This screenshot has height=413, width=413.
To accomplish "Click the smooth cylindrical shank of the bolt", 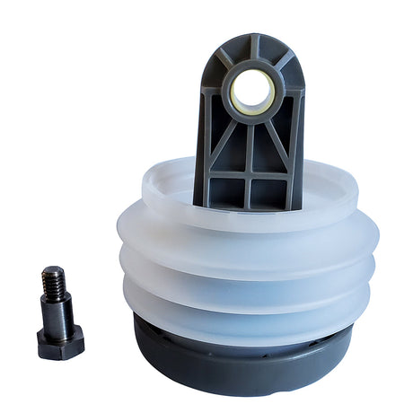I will pos(57,309).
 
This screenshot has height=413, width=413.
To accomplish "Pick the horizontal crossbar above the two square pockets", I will pos(250,175).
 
